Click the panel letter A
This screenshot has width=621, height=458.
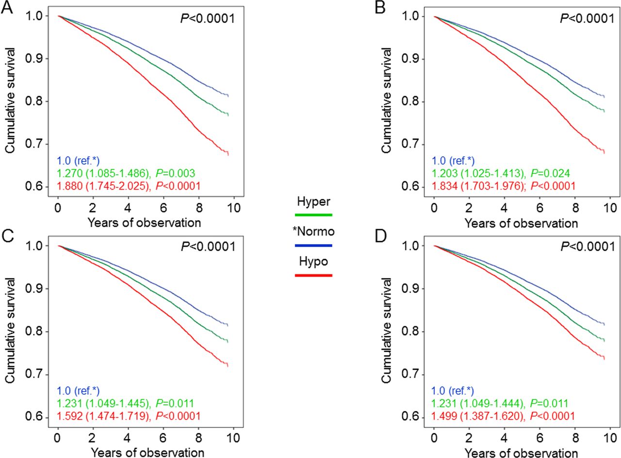tap(6, 9)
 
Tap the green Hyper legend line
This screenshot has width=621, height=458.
tap(313, 214)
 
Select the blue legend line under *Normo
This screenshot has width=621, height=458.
tap(313, 245)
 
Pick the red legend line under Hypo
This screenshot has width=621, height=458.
tap(313, 275)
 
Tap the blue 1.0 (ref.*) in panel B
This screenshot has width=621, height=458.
tap(453, 161)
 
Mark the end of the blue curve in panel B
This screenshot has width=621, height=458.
tap(604, 97)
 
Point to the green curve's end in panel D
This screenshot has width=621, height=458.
tap(604, 341)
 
